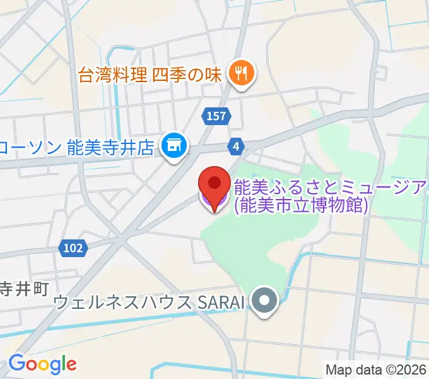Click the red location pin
coord(214,186)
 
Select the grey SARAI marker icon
coord(264,301)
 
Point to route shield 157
coord(217,116)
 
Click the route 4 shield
coord(235,147)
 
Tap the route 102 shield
coord(74,248)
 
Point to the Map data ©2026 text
coord(376,369)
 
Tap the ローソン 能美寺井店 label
coord(77,148)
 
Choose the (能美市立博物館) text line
coord(300,205)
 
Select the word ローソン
coord(30,148)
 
